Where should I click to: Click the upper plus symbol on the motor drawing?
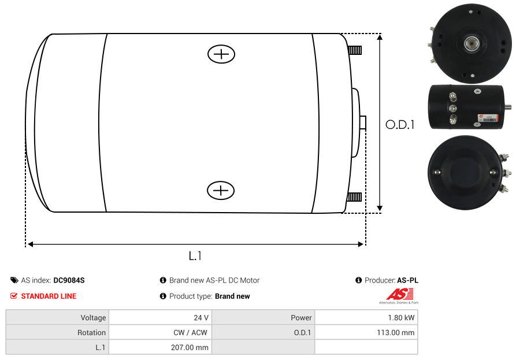pos(221,54)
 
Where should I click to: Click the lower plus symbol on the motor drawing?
pos(221,190)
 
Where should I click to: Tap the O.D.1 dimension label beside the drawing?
pos(400,125)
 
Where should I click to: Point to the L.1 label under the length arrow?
pos(195,255)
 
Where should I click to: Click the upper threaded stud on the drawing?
pos(355,50)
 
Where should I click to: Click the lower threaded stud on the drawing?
pos(354,197)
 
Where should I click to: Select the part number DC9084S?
pos(69,280)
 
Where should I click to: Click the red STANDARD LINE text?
pos(49,296)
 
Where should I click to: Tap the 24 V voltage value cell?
pos(160,318)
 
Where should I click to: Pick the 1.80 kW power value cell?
pos(366,318)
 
